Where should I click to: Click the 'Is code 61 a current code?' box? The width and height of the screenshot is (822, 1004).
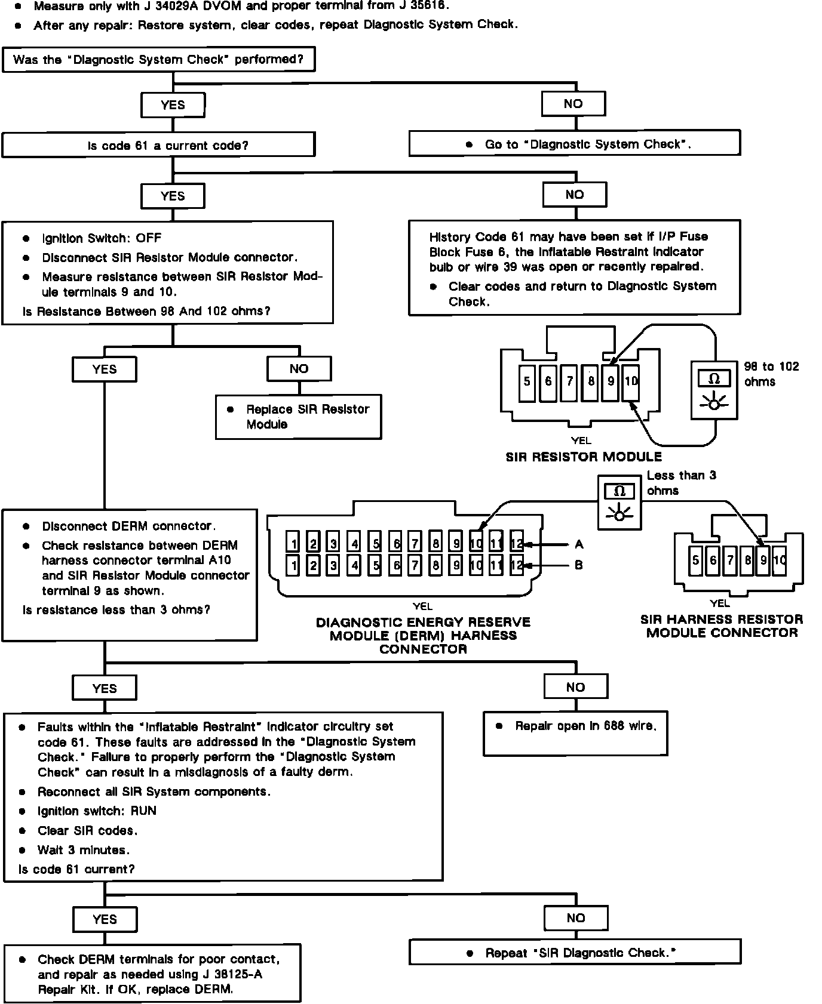click(158, 145)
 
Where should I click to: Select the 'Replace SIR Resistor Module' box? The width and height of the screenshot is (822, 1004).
click(298, 417)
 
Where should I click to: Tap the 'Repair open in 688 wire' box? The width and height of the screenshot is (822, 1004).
click(575, 733)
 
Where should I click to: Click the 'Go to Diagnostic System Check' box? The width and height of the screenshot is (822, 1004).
click(575, 144)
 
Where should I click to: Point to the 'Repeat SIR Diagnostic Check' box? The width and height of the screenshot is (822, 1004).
click(575, 953)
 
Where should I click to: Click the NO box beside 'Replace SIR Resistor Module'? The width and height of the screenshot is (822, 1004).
click(299, 369)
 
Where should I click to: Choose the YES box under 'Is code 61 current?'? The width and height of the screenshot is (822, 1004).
click(105, 919)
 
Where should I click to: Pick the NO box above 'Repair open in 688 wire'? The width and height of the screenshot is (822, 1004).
click(575, 687)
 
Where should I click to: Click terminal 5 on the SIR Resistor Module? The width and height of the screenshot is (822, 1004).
click(527, 381)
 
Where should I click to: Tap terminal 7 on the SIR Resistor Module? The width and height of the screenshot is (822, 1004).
click(569, 381)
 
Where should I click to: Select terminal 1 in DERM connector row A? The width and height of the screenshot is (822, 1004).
click(293, 544)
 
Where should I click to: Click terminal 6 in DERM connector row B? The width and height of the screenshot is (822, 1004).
click(395, 565)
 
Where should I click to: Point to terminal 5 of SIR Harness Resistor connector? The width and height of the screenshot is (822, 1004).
click(695, 560)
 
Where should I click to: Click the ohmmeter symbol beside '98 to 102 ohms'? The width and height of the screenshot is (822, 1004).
click(714, 389)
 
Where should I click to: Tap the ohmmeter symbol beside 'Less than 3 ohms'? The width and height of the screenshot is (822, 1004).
click(620, 501)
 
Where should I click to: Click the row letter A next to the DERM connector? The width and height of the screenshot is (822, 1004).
click(578, 544)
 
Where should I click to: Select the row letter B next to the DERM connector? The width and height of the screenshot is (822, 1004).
click(578, 565)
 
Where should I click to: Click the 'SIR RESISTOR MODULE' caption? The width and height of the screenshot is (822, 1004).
click(584, 457)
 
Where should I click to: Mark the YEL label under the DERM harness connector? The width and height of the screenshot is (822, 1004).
click(422, 606)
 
